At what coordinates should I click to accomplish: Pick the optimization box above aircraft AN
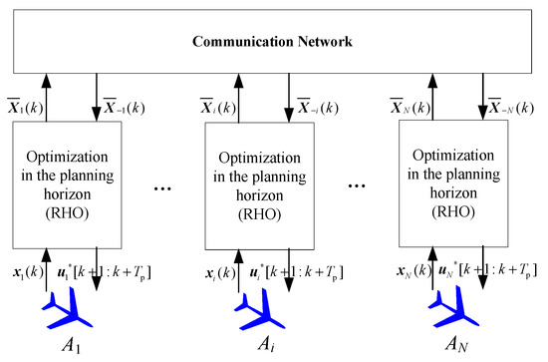pyautogui.click(x=446, y=184)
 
